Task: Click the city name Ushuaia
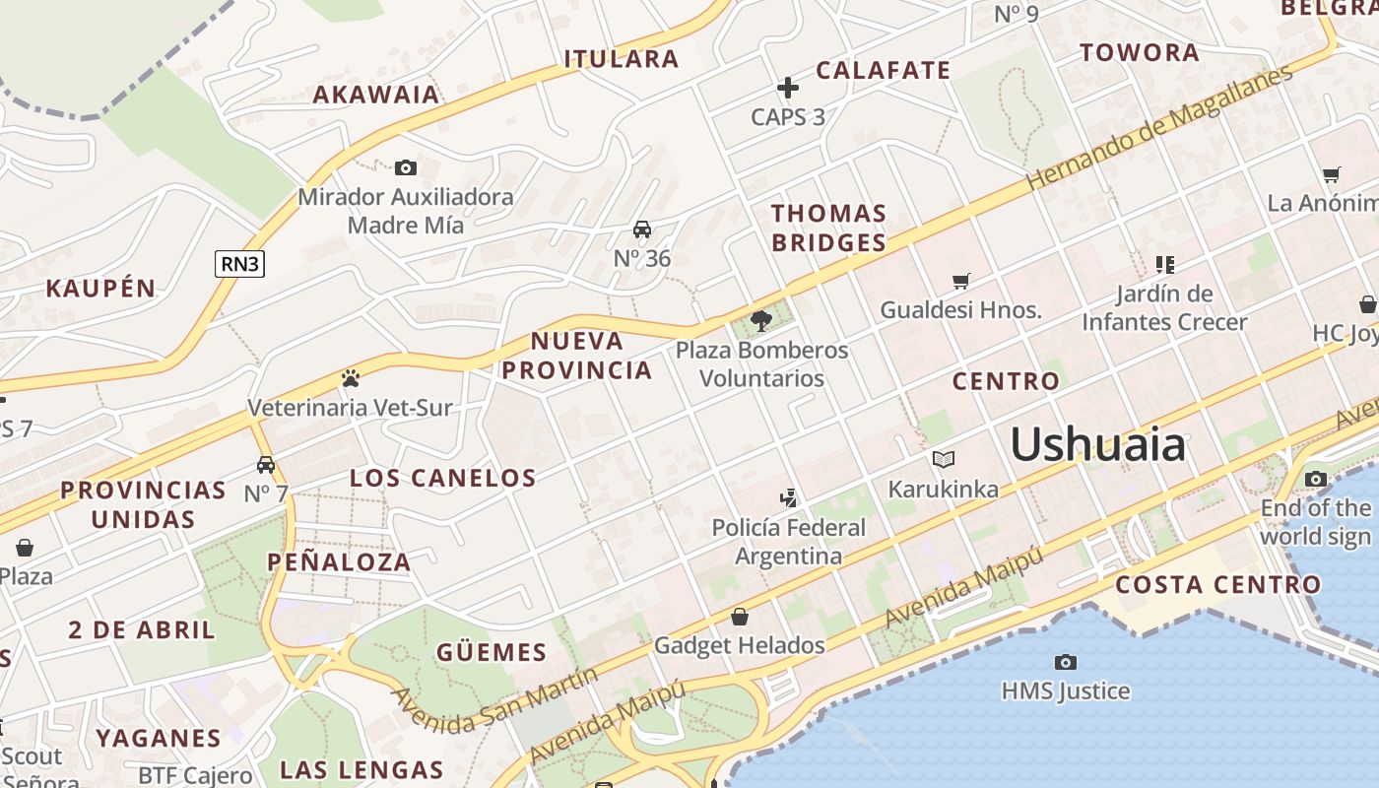1098,444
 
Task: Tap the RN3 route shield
240,263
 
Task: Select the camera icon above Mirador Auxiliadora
405,168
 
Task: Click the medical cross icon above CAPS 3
788,89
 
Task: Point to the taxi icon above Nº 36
642,230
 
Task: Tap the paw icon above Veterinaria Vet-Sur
350,378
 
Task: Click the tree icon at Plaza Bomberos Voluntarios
760,320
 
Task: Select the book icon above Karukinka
943,459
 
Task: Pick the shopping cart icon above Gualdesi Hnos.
961,281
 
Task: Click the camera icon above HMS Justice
1065,662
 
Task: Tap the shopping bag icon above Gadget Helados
739,617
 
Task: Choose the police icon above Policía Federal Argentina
788,497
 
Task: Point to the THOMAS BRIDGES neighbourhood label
828,228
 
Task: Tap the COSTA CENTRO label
1217,584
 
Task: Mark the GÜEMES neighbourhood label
491,652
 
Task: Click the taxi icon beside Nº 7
265,465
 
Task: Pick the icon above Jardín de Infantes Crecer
1164,264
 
